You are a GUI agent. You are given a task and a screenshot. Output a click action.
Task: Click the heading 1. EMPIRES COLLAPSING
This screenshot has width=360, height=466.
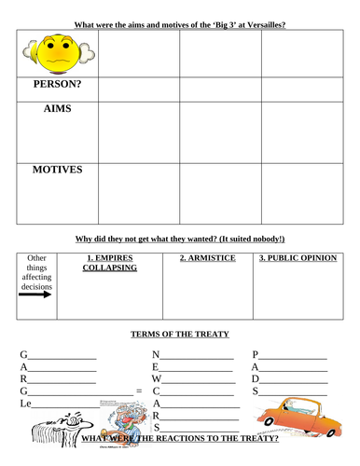tap(111, 263)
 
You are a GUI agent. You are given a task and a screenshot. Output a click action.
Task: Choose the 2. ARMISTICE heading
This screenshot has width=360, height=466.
tap(206, 258)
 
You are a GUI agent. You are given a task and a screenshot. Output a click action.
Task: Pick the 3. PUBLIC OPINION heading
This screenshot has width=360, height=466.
tap(298, 258)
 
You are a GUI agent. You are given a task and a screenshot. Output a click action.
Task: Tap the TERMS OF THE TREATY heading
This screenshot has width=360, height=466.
tap(183, 334)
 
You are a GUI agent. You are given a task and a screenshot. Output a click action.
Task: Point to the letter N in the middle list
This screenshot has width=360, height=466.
tap(158, 355)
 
